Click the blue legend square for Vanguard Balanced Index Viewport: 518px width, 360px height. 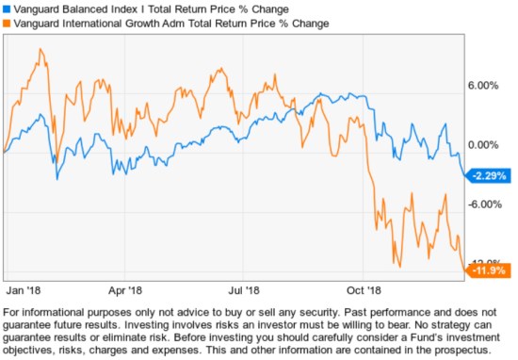point(7,8)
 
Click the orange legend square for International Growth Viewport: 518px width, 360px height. point(7,22)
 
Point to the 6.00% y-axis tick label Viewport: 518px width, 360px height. point(482,86)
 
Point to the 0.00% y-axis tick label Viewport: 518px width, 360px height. point(482,145)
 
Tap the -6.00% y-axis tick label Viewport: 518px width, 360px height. point(482,205)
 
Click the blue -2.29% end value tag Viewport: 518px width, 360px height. point(490,175)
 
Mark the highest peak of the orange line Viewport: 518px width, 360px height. point(40,49)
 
